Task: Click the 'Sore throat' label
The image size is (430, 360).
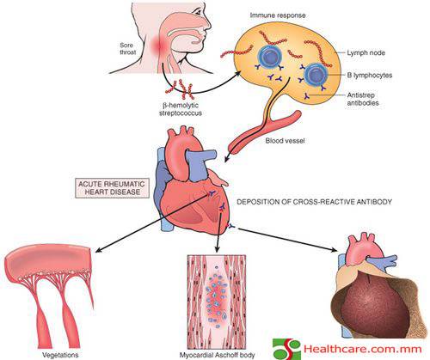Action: (x=127, y=49)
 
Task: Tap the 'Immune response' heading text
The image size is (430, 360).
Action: (x=278, y=15)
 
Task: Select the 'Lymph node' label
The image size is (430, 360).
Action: (x=365, y=52)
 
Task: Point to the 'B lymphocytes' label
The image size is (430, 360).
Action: (x=370, y=75)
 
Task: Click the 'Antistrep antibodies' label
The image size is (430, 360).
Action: (x=363, y=99)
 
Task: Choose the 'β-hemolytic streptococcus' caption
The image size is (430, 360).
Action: (x=181, y=109)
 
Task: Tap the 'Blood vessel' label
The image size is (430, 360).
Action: (x=285, y=141)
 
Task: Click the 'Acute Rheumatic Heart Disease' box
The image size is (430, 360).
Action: (x=113, y=187)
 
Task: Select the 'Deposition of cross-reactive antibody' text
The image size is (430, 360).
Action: (x=314, y=202)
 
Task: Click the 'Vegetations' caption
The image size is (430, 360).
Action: (x=60, y=355)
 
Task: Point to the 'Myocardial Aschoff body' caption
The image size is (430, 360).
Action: (x=217, y=355)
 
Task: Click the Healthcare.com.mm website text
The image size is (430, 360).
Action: (x=363, y=349)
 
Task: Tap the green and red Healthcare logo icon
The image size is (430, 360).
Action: (x=286, y=349)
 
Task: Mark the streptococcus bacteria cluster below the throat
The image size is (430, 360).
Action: (x=180, y=88)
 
